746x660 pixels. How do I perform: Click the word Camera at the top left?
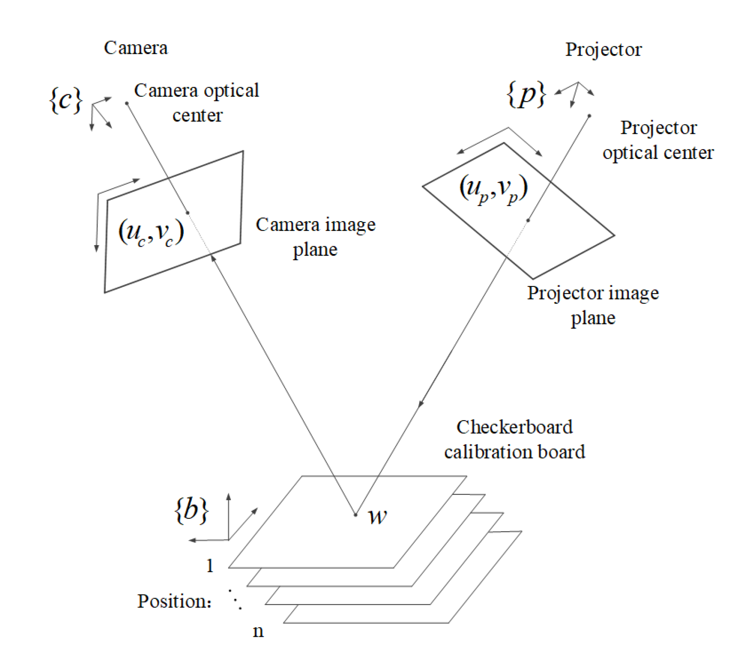[x=136, y=48]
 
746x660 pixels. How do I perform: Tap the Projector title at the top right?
[x=603, y=49]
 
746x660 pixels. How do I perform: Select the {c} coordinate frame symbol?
[x=66, y=99]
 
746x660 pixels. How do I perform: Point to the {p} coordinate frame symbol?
[x=526, y=94]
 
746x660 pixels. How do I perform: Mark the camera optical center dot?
[x=127, y=103]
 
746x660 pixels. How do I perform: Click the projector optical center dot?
[x=589, y=116]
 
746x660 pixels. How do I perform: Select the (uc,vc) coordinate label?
[x=151, y=232]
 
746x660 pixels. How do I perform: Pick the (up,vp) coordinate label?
[x=493, y=188]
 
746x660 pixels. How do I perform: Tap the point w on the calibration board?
[x=355, y=515]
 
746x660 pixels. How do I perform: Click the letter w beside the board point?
[x=377, y=517]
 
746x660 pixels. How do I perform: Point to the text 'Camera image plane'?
[x=316, y=237]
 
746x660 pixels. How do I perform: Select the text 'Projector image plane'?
[x=593, y=305]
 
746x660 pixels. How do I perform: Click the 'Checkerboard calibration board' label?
[x=514, y=439]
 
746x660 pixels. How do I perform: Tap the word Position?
[x=174, y=601]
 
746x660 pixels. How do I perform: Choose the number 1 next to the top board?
[x=210, y=566]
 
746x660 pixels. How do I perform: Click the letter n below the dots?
[x=258, y=631]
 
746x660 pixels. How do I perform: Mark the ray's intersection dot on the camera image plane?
[x=188, y=213]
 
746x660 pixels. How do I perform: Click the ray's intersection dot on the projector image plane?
[x=528, y=220]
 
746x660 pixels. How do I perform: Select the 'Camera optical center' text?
[x=196, y=102]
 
